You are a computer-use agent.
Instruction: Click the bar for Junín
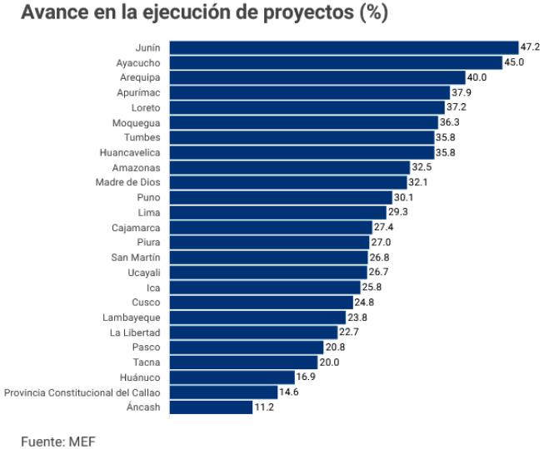[x=343, y=47]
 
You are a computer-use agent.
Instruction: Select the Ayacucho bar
[x=335, y=62]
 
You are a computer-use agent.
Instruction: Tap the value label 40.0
[x=477, y=77]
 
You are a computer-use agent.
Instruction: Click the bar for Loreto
[x=307, y=107]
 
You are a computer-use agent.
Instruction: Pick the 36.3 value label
[x=450, y=122]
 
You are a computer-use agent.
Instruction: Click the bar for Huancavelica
[x=302, y=152]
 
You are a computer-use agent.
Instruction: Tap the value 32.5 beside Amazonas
[x=422, y=167]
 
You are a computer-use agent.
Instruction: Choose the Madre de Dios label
[x=128, y=182]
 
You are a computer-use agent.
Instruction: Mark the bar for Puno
[x=280, y=197]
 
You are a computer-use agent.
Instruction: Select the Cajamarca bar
[x=270, y=227]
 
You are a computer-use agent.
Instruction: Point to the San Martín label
[x=136, y=257]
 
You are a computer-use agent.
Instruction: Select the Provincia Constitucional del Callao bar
[x=222, y=392]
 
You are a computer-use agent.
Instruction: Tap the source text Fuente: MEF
[x=58, y=440]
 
